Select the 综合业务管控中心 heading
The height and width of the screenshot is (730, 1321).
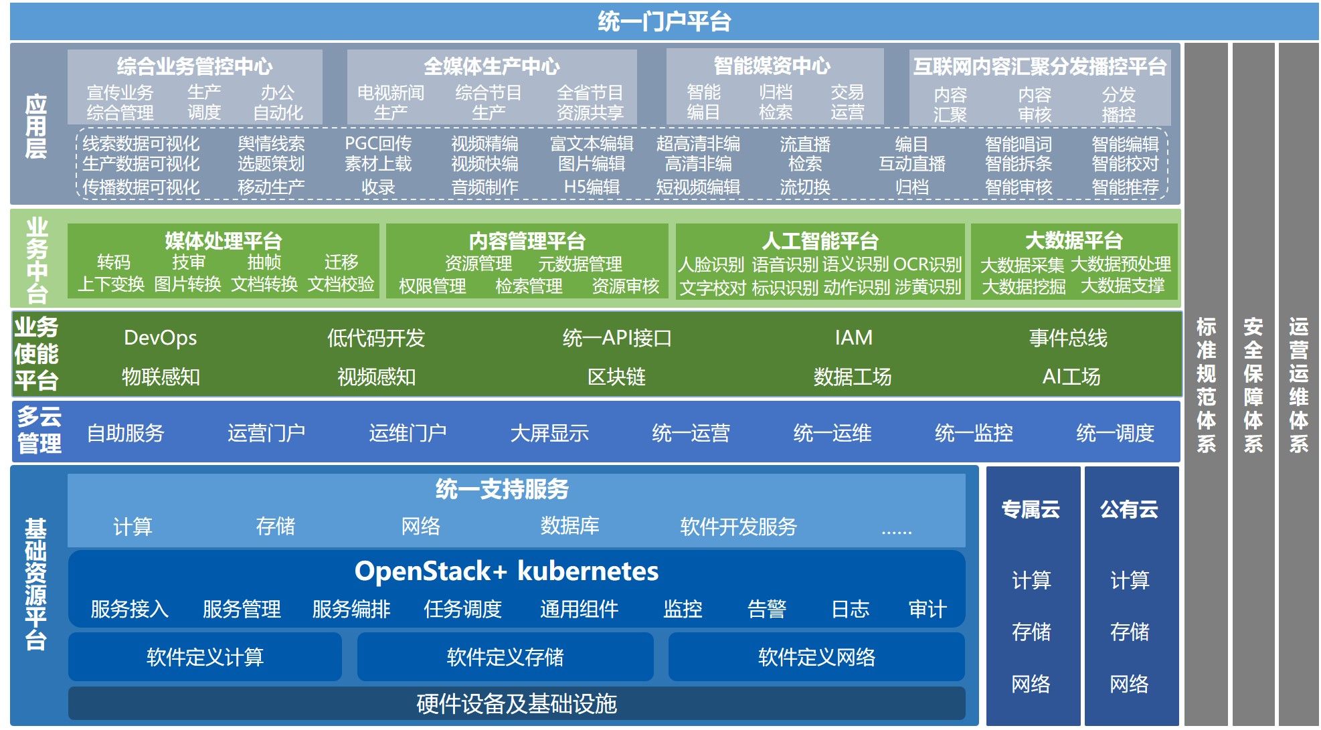pos(194,66)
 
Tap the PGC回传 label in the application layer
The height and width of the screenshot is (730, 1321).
pos(377,144)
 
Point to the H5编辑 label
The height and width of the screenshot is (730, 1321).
pos(591,187)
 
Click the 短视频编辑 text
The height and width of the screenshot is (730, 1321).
pos(697,187)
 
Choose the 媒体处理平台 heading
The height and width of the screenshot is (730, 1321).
pos(223,241)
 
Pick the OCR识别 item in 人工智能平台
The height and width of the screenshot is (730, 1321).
pos(927,264)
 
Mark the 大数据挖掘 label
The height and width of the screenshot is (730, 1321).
pos(1023,286)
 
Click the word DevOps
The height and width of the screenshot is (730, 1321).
pos(160,338)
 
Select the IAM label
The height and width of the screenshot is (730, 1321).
pos(853,338)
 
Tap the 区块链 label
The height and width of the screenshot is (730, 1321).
pos(616,377)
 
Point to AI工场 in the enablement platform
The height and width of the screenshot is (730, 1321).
pos(1071,377)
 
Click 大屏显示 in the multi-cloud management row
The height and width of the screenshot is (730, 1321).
pos(549,434)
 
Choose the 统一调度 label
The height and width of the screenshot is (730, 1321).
pos(1115,434)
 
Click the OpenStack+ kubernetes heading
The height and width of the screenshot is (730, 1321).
pos(507,571)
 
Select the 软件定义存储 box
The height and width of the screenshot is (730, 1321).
pos(505,657)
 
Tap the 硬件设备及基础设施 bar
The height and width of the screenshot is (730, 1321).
pos(516,704)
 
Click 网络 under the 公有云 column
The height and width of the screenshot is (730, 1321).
pos(1129,684)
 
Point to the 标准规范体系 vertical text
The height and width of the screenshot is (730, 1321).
pos(1206,385)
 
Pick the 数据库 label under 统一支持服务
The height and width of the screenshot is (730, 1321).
pos(569,527)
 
